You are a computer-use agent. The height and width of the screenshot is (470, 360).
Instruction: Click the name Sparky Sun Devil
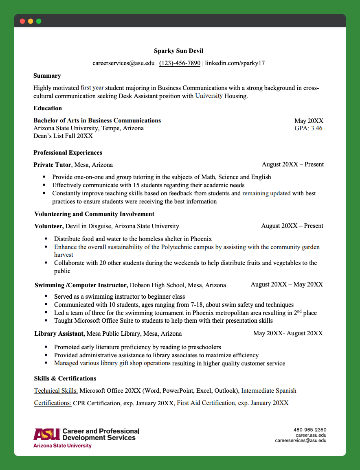(x=178, y=51)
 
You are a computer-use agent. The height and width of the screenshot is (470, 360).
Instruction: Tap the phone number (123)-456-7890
(x=180, y=63)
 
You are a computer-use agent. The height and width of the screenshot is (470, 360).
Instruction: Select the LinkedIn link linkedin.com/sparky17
(x=235, y=63)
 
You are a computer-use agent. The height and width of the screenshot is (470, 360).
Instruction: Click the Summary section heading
(x=47, y=76)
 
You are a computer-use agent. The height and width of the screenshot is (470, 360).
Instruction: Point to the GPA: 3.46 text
(x=308, y=128)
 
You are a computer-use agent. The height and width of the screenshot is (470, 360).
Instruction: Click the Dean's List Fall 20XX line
(x=63, y=136)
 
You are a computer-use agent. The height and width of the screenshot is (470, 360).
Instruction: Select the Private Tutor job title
(x=53, y=165)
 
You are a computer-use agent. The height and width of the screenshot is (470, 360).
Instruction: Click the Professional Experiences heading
(x=68, y=153)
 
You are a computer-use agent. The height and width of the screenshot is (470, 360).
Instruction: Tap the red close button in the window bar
(x=22, y=21)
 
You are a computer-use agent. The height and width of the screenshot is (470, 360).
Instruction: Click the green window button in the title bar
(x=39, y=21)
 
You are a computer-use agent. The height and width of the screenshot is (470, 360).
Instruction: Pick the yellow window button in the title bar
(x=31, y=21)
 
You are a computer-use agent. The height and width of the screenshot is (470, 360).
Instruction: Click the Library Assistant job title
(x=59, y=334)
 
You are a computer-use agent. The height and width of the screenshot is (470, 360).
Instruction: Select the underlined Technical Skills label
(x=56, y=391)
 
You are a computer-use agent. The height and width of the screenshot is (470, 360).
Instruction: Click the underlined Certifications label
(x=53, y=403)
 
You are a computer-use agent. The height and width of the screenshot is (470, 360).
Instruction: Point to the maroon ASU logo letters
(x=47, y=434)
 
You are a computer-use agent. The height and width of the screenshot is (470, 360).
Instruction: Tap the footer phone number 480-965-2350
(x=310, y=430)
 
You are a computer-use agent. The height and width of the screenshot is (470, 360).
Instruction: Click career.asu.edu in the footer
(x=311, y=435)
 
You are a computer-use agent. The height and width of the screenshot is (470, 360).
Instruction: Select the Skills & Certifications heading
(x=65, y=378)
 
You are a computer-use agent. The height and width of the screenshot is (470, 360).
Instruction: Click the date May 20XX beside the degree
(x=309, y=121)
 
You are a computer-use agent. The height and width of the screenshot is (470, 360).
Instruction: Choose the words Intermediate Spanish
(x=269, y=391)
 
